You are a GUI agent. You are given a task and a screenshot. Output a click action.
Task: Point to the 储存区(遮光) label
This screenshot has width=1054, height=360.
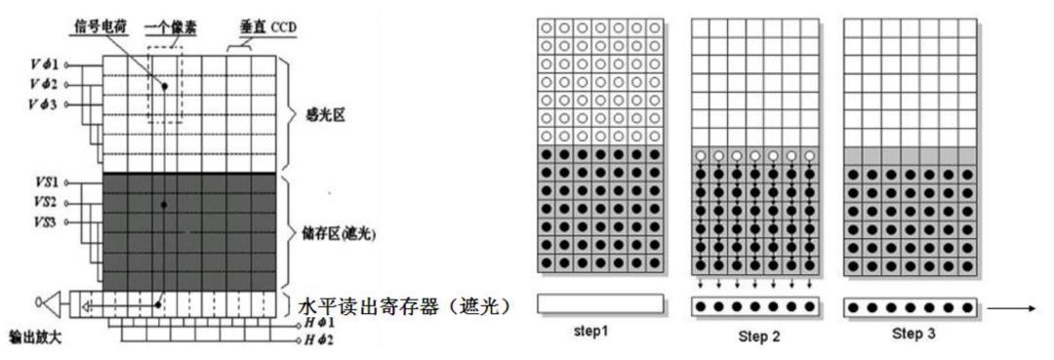pos(333,234)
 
